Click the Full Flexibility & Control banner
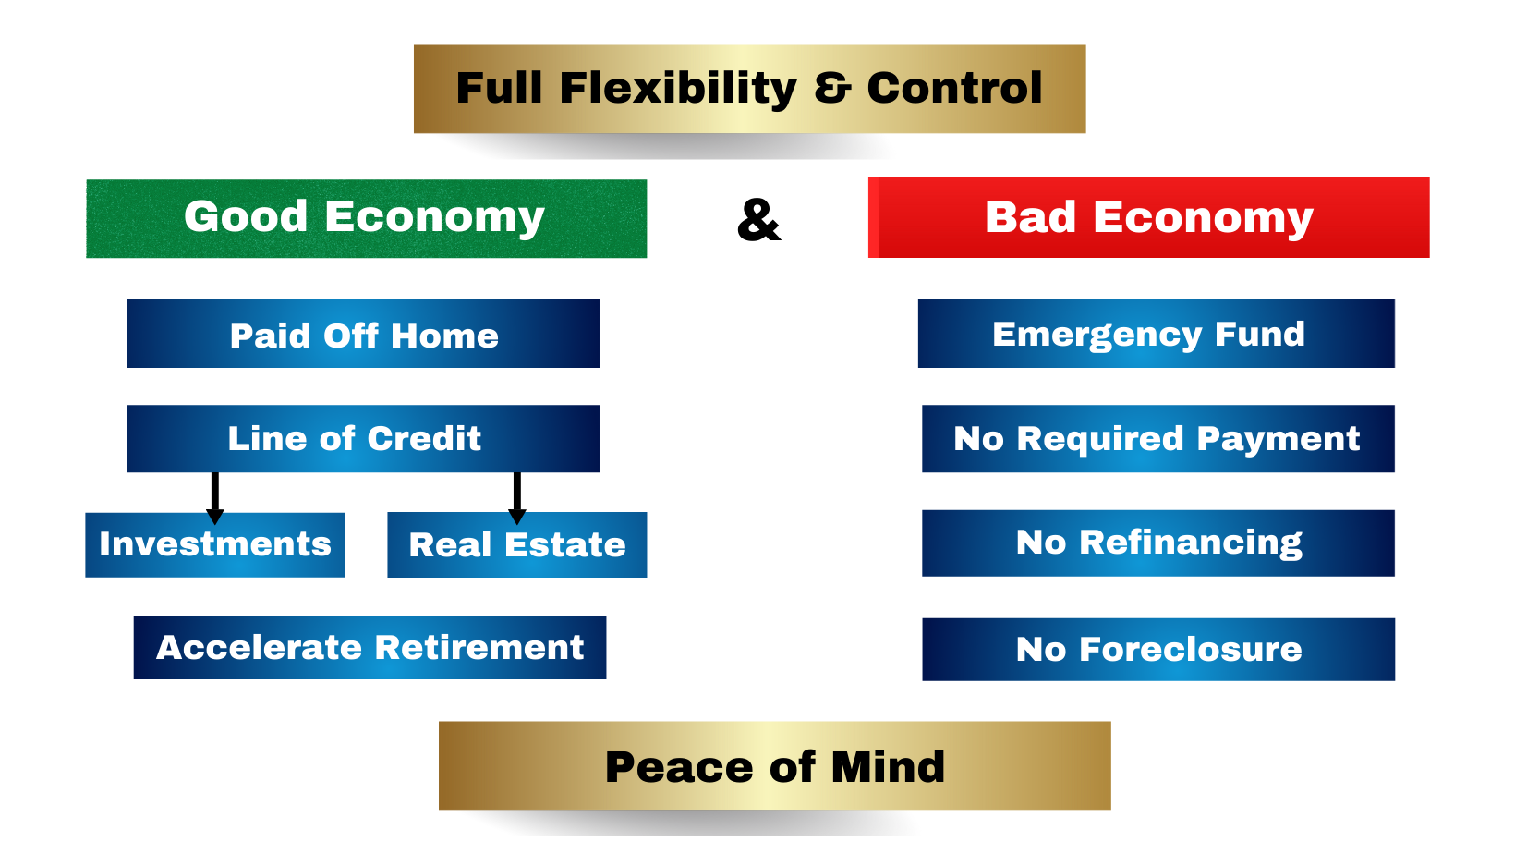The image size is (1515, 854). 749,89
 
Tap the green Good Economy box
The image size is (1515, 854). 367,218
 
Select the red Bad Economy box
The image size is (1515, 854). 1148,217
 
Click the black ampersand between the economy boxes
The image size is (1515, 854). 758,220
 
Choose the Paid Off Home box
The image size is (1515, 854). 364,334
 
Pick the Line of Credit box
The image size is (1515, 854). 364,438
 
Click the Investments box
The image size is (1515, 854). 215,544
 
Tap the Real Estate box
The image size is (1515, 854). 516,544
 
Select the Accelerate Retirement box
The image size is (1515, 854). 370,648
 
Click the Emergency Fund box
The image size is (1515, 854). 1157,334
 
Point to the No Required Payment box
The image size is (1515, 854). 1158,438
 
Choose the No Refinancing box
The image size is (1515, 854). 1158,543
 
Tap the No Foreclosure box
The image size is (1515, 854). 1158,649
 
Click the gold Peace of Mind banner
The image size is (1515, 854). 774,765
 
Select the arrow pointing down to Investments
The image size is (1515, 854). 215,498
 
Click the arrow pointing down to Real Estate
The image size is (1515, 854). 517,498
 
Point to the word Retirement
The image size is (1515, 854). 479,648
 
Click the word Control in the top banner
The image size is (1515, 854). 955,88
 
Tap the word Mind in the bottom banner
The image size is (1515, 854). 888,767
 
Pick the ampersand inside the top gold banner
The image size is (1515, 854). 832,89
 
